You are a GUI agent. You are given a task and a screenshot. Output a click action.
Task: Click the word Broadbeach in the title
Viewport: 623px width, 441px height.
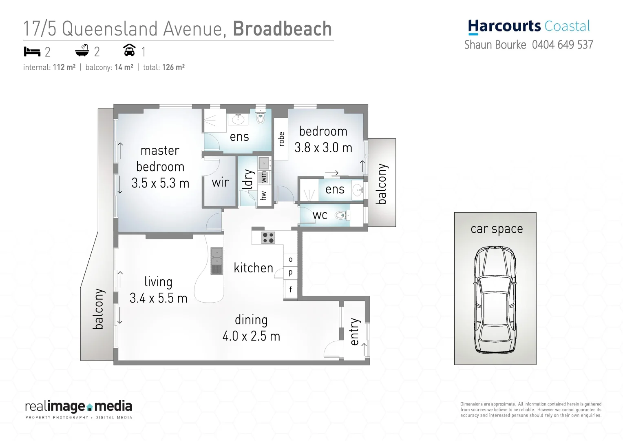click(x=282, y=29)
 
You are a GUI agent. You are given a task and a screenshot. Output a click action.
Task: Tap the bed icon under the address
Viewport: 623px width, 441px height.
click(x=32, y=52)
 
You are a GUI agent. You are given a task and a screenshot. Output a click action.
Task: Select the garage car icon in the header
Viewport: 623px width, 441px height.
click(x=129, y=51)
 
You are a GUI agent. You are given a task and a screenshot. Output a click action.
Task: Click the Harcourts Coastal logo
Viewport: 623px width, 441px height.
click(x=528, y=27)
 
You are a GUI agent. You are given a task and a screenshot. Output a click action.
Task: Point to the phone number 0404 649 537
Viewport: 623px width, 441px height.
click(x=562, y=45)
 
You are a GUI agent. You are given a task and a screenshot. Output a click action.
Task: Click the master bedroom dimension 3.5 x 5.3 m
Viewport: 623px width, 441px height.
click(x=160, y=183)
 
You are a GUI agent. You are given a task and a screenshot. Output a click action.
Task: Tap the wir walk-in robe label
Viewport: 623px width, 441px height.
click(x=220, y=183)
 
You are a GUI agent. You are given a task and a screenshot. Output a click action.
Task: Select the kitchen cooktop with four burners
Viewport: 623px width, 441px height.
click(x=268, y=237)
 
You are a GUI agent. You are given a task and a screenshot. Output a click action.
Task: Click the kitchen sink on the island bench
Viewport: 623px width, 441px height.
click(x=217, y=261)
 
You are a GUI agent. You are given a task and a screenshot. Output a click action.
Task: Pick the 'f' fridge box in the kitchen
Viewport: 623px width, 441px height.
click(x=290, y=290)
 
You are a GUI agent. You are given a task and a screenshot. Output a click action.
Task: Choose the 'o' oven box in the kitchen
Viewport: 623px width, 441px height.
click(x=290, y=260)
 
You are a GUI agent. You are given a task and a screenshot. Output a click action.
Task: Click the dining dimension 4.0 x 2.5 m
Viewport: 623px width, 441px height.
click(x=251, y=336)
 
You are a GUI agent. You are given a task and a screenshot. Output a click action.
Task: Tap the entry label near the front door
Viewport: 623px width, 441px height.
click(x=355, y=332)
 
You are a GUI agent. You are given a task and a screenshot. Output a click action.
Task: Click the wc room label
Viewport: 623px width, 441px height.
click(x=320, y=215)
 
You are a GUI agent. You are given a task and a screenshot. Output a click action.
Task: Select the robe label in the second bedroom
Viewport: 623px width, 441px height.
click(x=281, y=139)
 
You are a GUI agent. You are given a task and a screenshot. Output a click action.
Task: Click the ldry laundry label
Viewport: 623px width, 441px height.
click(x=248, y=180)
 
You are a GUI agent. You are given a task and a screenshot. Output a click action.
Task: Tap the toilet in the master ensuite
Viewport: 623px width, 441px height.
click(x=261, y=117)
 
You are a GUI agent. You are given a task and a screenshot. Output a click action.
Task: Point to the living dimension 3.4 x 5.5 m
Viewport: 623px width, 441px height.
click(x=158, y=298)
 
